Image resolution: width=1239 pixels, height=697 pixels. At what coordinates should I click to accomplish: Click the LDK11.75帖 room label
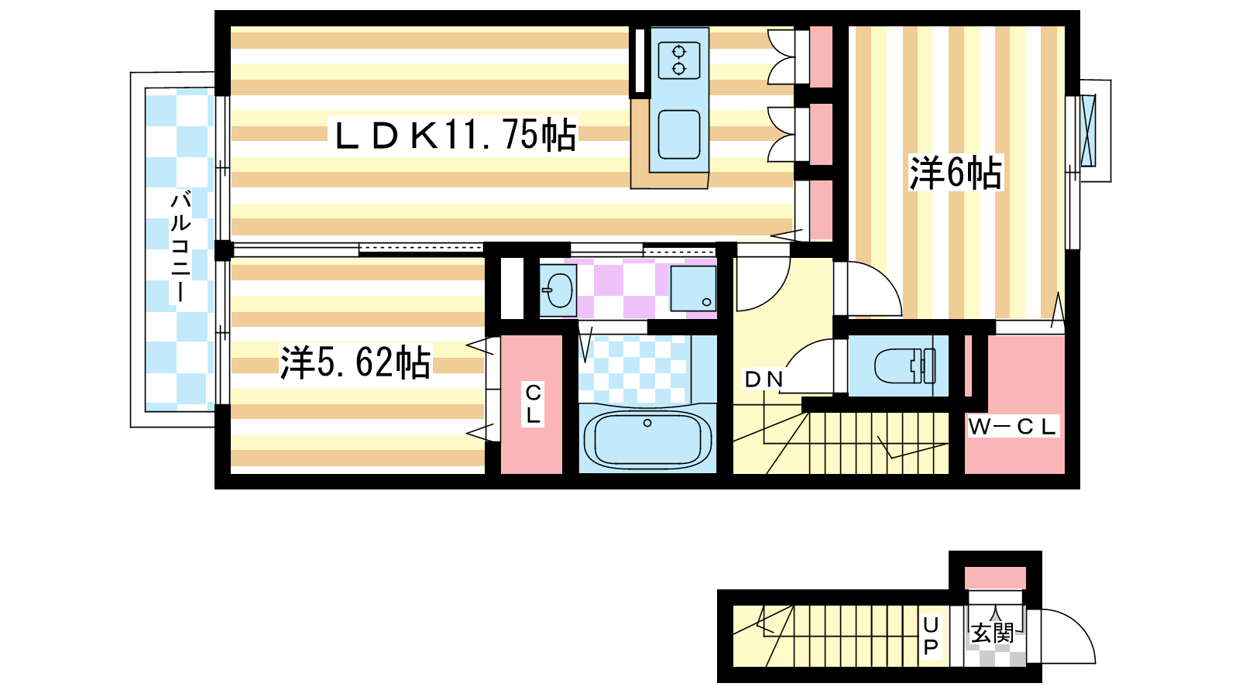[455, 135]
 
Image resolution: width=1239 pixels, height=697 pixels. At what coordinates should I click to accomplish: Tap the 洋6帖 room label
[956, 173]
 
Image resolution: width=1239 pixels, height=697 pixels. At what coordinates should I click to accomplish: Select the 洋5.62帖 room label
[355, 362]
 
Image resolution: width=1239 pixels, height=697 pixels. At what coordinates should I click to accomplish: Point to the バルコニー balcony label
[180, 247]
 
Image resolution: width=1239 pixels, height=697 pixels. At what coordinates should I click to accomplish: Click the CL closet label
[534, 403]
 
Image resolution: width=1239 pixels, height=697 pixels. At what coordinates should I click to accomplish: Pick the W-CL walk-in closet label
[1012, 427]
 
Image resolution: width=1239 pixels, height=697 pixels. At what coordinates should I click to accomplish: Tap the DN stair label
[764, 379]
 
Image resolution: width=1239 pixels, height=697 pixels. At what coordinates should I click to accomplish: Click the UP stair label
[931, 636]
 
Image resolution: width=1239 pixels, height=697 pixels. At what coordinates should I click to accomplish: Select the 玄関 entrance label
[993, 633]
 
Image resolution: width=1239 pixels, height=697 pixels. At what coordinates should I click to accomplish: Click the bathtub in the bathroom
[647, 439]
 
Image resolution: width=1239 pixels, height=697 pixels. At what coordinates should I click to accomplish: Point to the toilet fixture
[905, 366]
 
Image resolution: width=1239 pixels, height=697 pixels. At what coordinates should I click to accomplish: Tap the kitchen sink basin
[679, 135]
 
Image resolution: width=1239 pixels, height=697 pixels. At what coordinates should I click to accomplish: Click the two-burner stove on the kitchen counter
[679, 61]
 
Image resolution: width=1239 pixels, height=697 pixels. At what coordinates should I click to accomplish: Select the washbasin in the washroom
[558, 290]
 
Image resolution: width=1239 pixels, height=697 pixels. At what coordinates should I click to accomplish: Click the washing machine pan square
[693, 288]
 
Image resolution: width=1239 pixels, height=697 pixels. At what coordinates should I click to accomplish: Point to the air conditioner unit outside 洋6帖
[1089, 131]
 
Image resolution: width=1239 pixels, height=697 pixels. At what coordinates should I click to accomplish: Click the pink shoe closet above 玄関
[996, 578]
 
